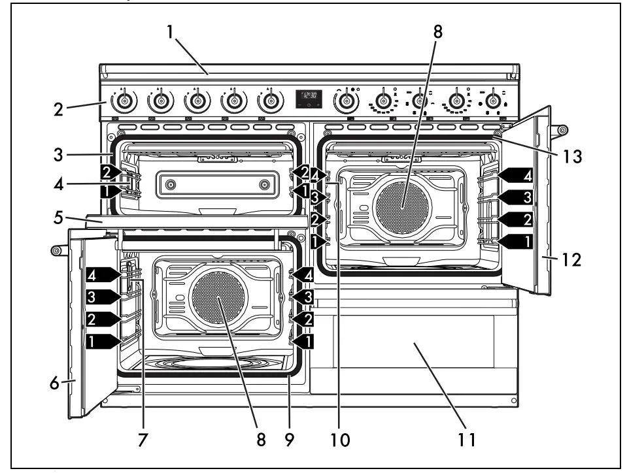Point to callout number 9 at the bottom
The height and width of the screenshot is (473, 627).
[x=288, y=441]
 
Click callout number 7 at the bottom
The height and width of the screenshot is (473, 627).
[x=141, y=441]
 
